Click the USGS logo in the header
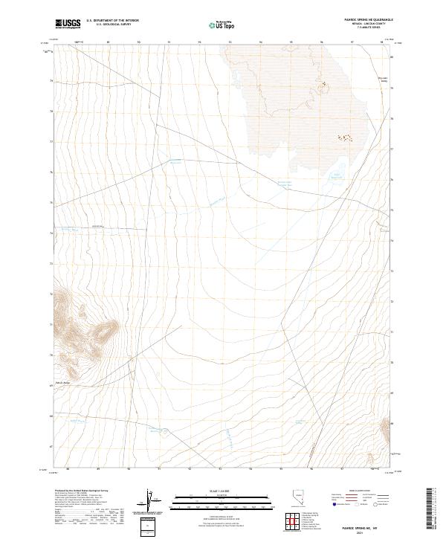click(68, 24)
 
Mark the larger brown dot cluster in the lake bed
click(344, 138)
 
